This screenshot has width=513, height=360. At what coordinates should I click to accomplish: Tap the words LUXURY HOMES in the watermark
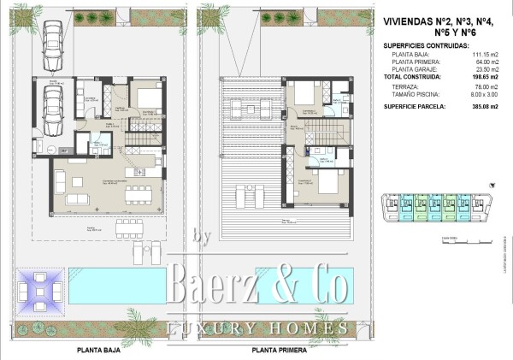(x=256, y=328)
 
